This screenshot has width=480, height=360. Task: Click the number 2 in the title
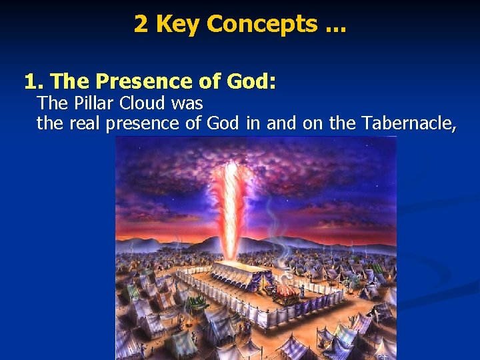click(141, 24)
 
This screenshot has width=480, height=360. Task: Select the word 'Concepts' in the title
click(262, 24)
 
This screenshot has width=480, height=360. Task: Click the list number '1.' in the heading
click(34, 81)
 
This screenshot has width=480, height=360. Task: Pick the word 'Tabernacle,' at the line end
click(410, 123)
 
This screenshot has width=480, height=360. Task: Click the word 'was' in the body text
click(189, 103)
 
